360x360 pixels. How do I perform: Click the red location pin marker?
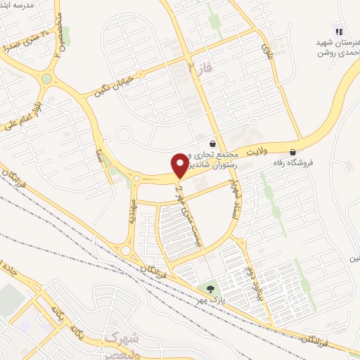click(x=180, y=164)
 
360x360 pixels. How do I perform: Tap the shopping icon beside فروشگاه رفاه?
click(x=292, y=152)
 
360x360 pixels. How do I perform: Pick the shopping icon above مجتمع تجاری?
click(x=212, y=143)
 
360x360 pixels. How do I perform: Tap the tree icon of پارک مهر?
click(x=210, y=288)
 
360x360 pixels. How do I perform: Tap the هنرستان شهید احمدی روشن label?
click(x=337, y=46)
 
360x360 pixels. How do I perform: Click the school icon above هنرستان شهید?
click(x=339, y=31)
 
